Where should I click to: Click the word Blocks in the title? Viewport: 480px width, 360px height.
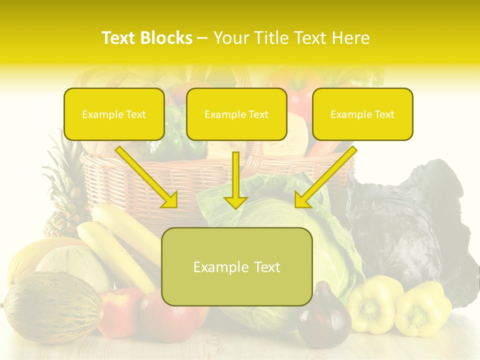[x=167, y=38]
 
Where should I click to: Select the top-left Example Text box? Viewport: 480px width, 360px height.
[x=114, y=114]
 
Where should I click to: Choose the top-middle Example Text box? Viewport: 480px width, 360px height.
[x=236, y=114]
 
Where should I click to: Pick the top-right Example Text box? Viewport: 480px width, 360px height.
[x=362, y=114]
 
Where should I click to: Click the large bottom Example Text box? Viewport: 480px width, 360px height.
[x=236, y=267]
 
